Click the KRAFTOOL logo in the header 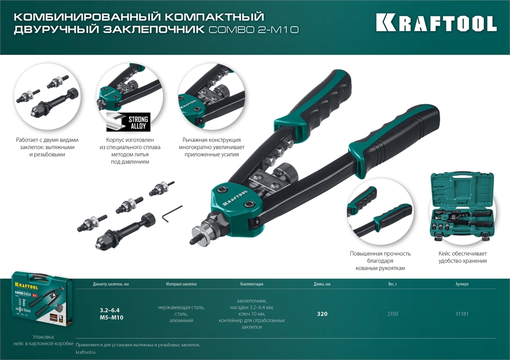[x=436, y=23]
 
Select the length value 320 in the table [x=322, y=314]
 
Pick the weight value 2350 [x=392, y=314]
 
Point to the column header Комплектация [x=251, y=284]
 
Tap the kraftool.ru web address [x=85, y=352]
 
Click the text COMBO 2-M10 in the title [x=253, y=30]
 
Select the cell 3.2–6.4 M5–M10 [x=111, y=314]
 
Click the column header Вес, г [x=392, y=284]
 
